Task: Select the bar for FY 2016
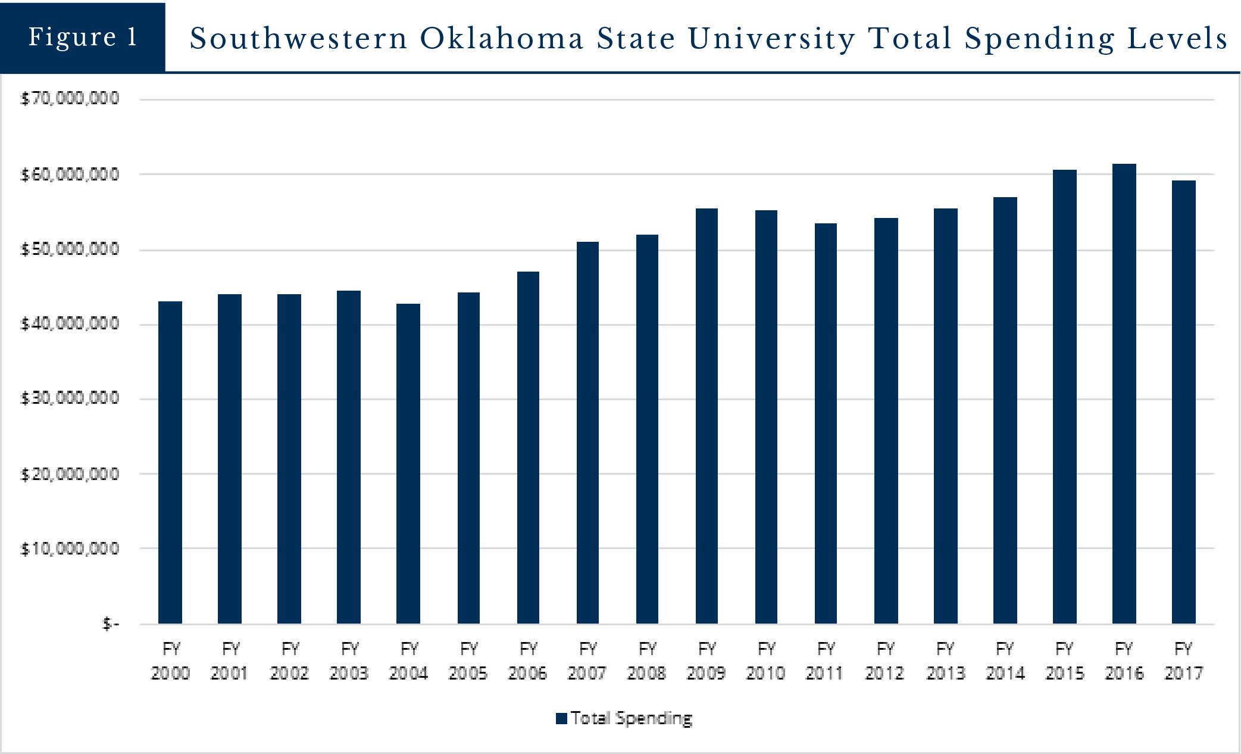coord(1124,393)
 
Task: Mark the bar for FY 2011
coord(826,423)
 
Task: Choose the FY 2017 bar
coord(1183,402)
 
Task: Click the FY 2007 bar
coord(587,432)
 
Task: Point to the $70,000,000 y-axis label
coord(70,98)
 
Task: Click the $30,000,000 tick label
coord(70,398)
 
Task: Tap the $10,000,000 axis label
coord(70,548)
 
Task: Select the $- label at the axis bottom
coord(111,624)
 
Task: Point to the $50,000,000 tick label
coord(70,249)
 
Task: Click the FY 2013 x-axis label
coord(945,660)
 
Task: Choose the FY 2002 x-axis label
coord(289,660)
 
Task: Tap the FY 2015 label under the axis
coord(1064,660)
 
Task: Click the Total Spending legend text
coord(632,718)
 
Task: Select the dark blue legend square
coord(561,719)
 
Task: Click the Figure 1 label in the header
coord(83,37)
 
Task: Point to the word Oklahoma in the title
coord(502,39)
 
